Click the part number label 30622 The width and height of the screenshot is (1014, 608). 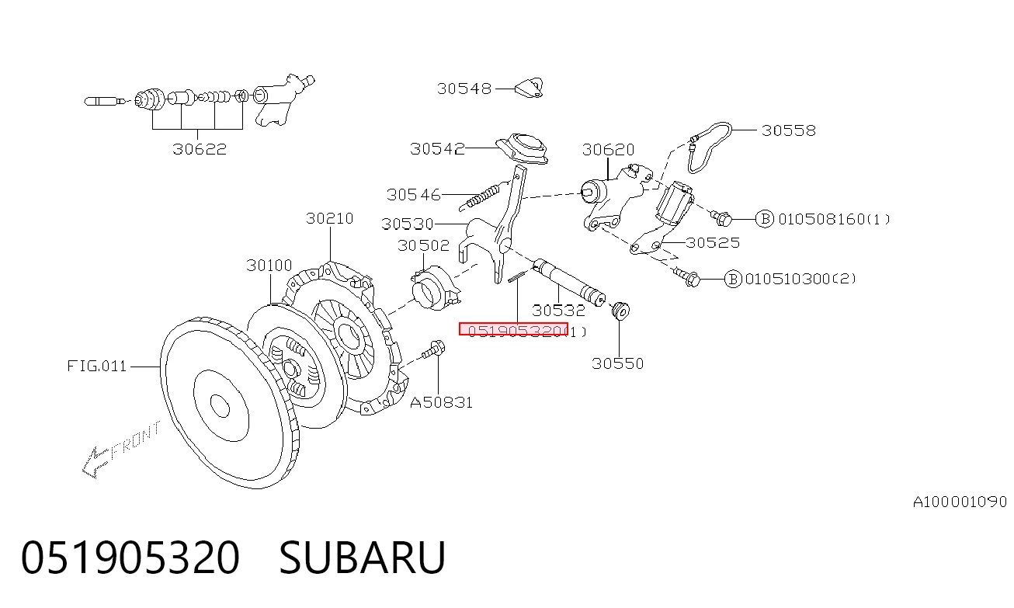tap(200, 149)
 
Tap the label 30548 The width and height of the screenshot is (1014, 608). tap(464, 89)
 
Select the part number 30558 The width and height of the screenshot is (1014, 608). tap(789, 130)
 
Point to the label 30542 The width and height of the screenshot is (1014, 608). tap(437, 148)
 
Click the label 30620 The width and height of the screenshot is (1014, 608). tap(608, 149)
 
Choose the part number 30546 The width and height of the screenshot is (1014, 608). tap(413, 195)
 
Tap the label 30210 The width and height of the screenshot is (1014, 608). tap(329, 219)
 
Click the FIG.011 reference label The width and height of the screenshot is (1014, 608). tap(97, 366)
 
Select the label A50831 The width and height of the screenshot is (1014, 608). tap(441, 402)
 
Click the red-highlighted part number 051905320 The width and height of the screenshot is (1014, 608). tap(513, 329)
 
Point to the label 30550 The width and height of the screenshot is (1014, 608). tap(617, 363)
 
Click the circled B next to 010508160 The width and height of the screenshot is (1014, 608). tap(765, 219)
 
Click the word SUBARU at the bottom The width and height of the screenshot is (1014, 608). tap(362, 558)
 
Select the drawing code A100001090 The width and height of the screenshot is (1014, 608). tap(960, 502)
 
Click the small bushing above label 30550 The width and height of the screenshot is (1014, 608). tap(620, 311)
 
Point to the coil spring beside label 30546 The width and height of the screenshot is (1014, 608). tap(480, 197)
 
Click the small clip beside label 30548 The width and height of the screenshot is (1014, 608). tap(530, 88)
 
